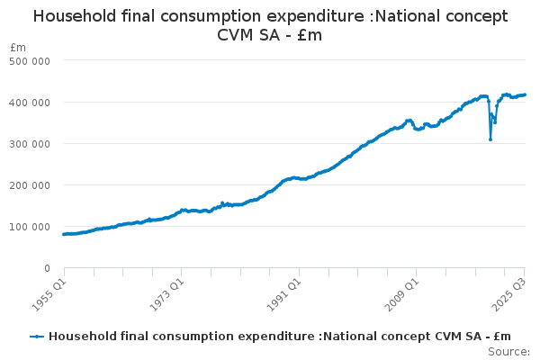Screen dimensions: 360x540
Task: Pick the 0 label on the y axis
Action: [x=46, y=268]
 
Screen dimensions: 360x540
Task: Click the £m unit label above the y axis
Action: [x=17, y=47]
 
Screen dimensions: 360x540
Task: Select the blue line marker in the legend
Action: [x=37, y=337]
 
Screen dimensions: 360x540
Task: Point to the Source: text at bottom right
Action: [x=509, y=351]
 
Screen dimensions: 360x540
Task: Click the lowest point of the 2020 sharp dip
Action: [x=490, y=139]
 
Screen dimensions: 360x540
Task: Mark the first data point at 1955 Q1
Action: [x=64, y=234]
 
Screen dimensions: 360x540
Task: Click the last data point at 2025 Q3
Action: [x=525, y=94]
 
